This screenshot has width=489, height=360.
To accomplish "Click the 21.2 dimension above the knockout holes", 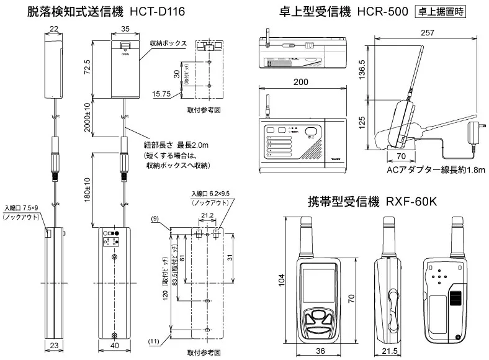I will (207, 217).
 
